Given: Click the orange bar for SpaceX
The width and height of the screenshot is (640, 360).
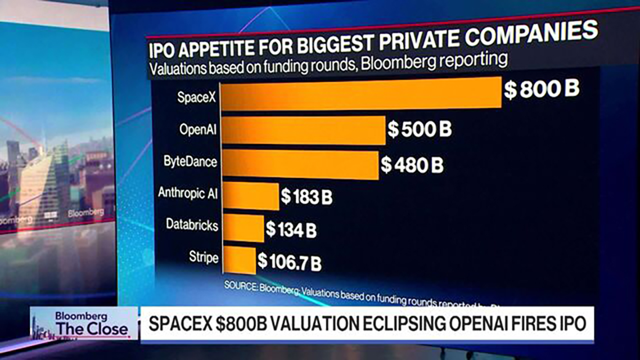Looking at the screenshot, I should coord(360,92).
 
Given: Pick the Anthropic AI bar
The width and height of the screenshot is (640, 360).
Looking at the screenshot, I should coord(251,196).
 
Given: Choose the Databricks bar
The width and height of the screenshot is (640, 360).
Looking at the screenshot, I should coord(243,228).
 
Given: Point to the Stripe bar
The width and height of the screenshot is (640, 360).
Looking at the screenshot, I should coord(239,260).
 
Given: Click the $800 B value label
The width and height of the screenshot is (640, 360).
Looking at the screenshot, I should coord(541,90).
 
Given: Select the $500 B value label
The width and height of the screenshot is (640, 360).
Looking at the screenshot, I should coord(420,129).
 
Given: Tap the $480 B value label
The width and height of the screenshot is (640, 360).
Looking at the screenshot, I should coord(412,165).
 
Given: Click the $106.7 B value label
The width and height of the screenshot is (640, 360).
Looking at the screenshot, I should coord(290,261).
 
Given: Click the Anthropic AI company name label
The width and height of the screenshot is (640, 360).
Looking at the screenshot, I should coord(188,193).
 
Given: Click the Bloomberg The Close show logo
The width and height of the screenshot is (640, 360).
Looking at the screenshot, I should coord(84,323).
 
